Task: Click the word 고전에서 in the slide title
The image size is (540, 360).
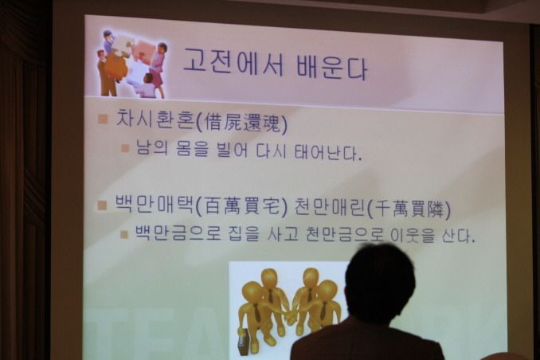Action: [x=233, y=62]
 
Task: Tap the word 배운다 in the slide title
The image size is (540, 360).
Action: [x=331, y=66]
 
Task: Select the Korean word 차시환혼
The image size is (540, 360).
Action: [x=155, y=119]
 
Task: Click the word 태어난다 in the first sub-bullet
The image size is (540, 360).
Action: [x=326, y=152]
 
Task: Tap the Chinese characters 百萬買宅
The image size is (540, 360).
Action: [x=241, y=207]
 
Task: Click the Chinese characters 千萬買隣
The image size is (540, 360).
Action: [x=409, y=209]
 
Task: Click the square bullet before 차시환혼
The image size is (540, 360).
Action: [x=103, y=119]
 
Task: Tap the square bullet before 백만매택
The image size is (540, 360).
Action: [x=102, y=205]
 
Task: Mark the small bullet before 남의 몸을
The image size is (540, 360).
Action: [x=125, y=148]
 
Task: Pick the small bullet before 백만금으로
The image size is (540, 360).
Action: [x=124, y=234]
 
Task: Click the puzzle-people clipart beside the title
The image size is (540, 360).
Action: [x=132, y=64]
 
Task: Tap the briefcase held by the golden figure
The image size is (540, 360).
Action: [x=243, y=342]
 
